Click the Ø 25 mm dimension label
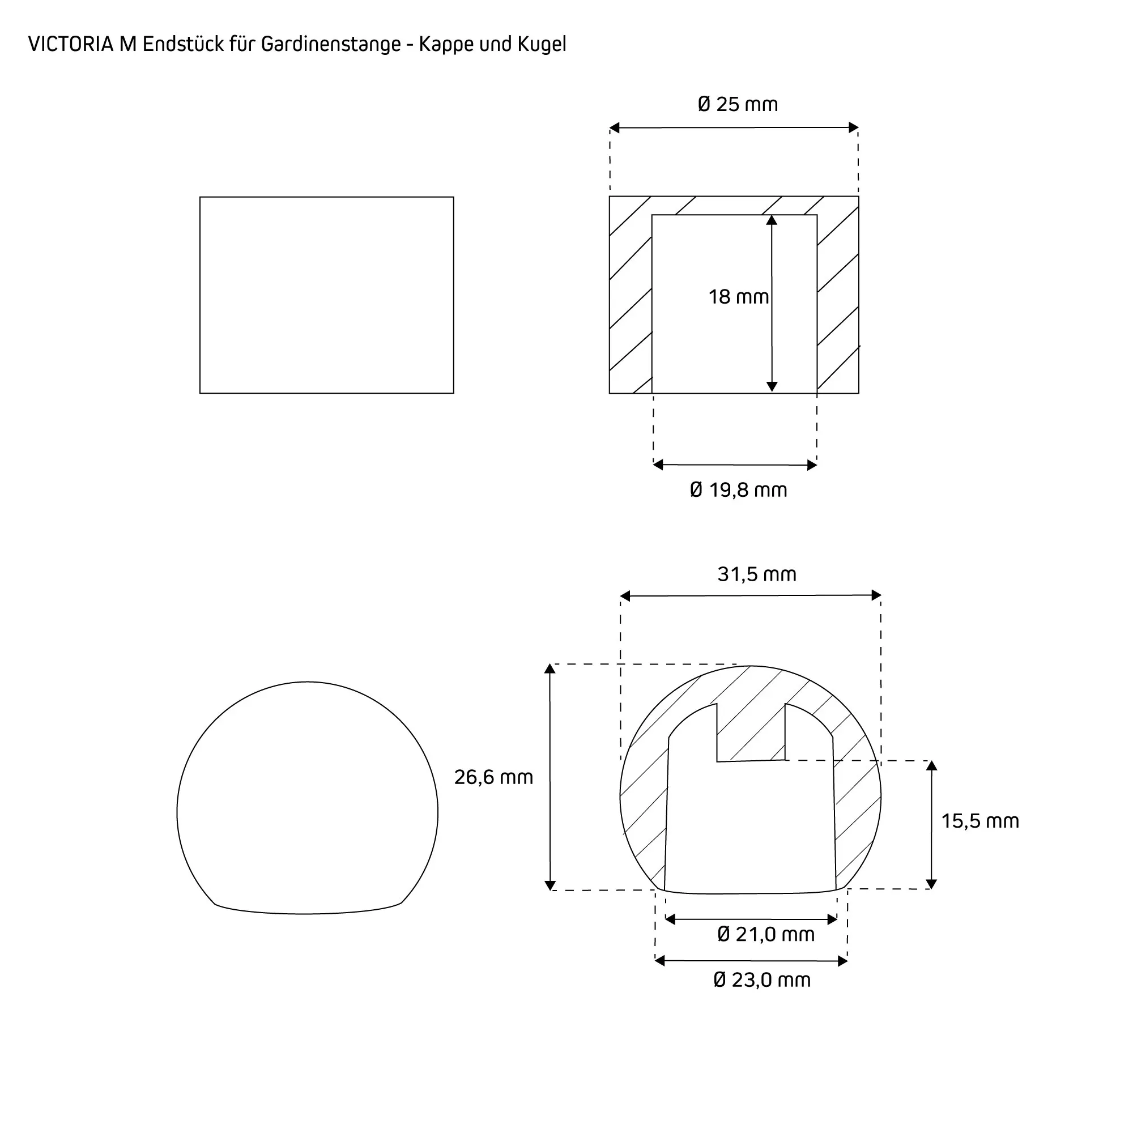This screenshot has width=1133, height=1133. pyautogui.click(x=738, y=104)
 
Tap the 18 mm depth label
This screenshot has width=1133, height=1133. pyautogui.click(x=738, y=297)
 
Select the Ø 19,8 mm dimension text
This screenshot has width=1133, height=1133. pyautogui.click(x=738, y=489)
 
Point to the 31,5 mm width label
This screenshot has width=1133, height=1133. pyautogui.click(x=756, y=574)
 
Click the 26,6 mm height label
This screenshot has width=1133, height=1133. pyautogui.click(x=493, y=777)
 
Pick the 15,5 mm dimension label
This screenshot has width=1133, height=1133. pyautogui.click(x=980, y=821)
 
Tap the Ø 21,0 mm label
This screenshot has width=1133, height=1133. pyautogui.click(x=766, y=934)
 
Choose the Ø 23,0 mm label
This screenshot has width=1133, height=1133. pyautogui.click(x=762, y=980)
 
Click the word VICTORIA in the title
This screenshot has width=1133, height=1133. pyautogui.click(x=71, y=45)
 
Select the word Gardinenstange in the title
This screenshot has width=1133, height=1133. pyautogui.click(x=331, y=45)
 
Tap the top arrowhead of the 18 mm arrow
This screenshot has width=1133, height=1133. pyautogui.click(x=772, y=220)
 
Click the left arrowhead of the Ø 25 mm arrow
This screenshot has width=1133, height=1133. pyautogui.click(x=615, y=128)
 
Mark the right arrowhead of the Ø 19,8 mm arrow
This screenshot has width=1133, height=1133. pyautogui.click(x=812, y=465)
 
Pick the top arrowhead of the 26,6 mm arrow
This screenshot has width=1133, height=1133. pyautogui.click(x=550, y=670)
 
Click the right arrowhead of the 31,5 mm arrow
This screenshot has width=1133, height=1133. pyautogui.click(x=876, y=596)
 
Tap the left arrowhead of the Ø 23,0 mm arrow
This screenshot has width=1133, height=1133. pyautogui.click(x=661, y=961)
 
